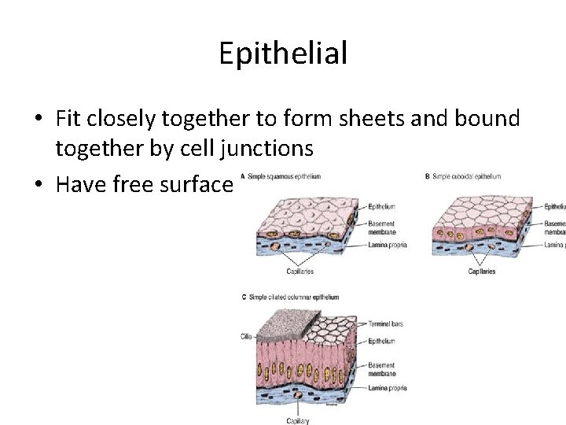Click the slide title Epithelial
pyautogui.click(x=283, y=54)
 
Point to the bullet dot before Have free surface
pyautogui.click(x=38, y=185)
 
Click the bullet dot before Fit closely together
pyautogui.click(x=38, y=120)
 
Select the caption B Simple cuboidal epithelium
pyautogui.click(x=463, y=176)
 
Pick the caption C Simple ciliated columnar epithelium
pyautogui.click(x=291, y=297)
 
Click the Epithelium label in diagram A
pyautogui.click(x=382, y=207)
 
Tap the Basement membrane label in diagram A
pyautogui.click(x=382, y=228)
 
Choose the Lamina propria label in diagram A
pyautogui.click(x=387, y=246)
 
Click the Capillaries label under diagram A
pyautogui.click(x=300, y=272)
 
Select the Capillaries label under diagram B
pyautogui.click(x=481, y=272)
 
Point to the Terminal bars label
pyautogui.click(x=386, y=323)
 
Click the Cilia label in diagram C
pyautogui.click(x=246, y=337)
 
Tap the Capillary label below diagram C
pyautogui.click(x=297, y=420)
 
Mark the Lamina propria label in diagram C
pyautogui.click(x=387, y=388)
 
